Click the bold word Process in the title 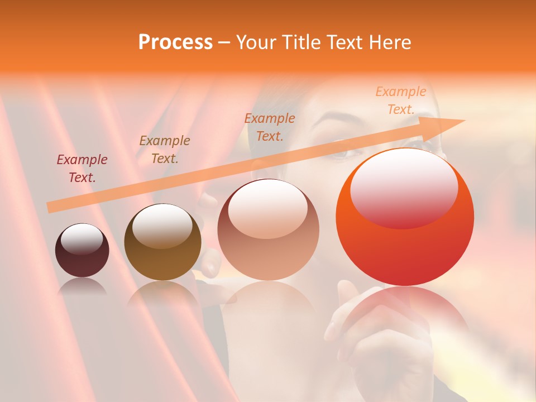(x=175, y=42)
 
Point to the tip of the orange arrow (x=463, y=121)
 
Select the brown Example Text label (x=165, y=149)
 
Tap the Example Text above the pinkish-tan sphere (x=270, y=127)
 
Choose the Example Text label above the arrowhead (x=401, y=100)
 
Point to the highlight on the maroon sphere (x=82, y=239)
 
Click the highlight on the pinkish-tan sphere (x=268, y=209)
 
